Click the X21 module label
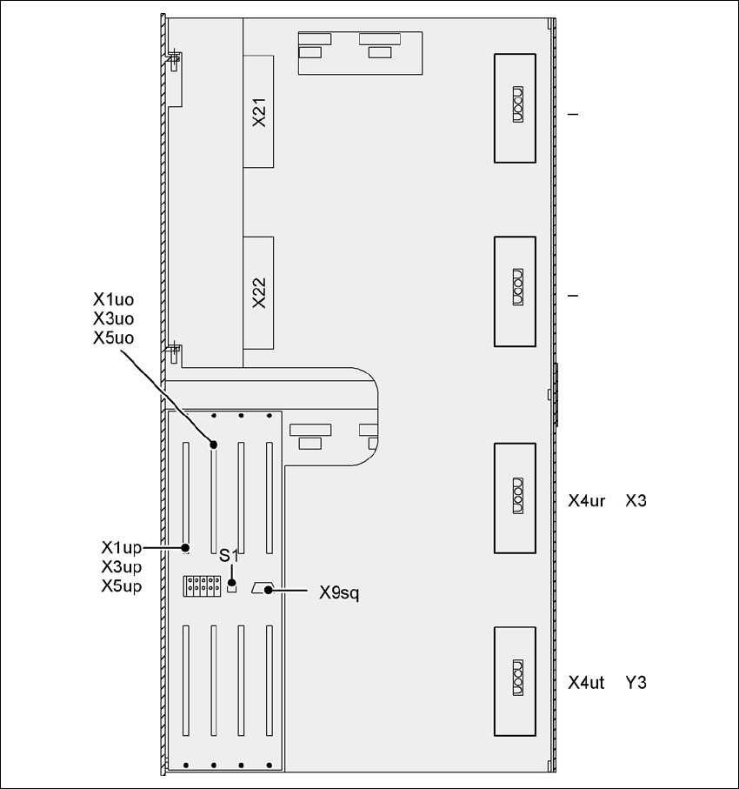pos(258,112)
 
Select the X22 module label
pos(258,293)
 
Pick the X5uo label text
pos(113,338)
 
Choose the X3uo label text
pos(113,318)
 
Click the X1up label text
pos(121,548)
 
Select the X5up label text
pos(121,585)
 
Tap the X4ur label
pos(586,501)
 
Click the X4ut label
pos(586,683)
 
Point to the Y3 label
pos(636,683)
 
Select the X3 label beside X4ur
pos(636,501)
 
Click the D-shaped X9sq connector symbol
pos(262,589)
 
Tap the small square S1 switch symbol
pos(231,587)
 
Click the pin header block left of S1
pos(201,585)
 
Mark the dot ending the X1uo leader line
pos(214,445)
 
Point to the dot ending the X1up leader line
pos(186,548)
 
